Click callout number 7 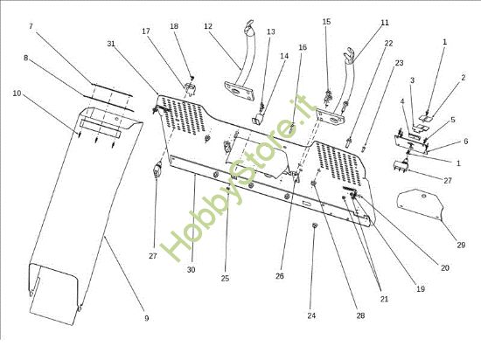(31, 26)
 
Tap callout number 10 (17, 93)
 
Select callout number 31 (111, 44)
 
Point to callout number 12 (208, 26)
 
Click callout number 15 (327, 22)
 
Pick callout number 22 (388, 44)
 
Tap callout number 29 (461, 245)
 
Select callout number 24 (311, 315)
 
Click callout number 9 (147, 318)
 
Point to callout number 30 (192, 270)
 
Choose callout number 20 (445, 267)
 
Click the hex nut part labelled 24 (315, 225)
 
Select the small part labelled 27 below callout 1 (401, 165)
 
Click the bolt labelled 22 (349, 142)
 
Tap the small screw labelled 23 (364, 149)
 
